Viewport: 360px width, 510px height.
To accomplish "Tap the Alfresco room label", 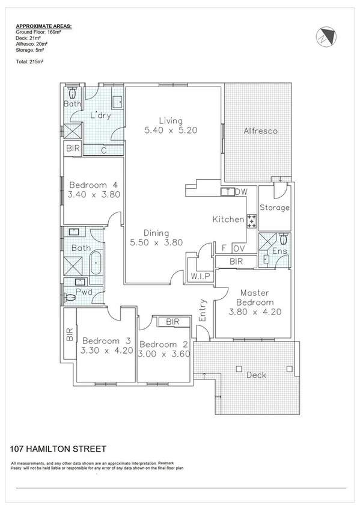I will (x=260, y=131).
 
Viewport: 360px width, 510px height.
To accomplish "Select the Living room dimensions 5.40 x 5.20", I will (x=171, y=129).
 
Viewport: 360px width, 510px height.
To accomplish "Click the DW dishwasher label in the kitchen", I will (x=241, y=192).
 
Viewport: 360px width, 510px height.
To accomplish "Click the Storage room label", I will (x=275, y=207).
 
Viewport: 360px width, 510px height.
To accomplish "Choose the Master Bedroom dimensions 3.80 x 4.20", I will (x=255, y=312).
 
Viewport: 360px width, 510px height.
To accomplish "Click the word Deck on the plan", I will (x=257, y=375).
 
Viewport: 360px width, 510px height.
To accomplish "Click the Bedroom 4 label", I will (x=93, y=185).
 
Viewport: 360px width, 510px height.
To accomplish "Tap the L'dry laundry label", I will (x=100, y=115).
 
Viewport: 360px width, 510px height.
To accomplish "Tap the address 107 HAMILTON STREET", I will (x=58, y=449).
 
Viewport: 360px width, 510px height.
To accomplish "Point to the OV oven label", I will (x=239, y=248).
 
